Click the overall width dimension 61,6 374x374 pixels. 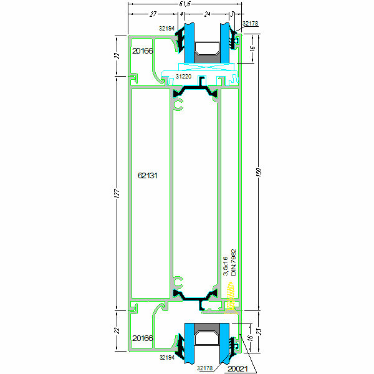[x=184, y=4]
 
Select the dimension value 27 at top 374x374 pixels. [x=152, y=14]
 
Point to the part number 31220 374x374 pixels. [x=183, y=76]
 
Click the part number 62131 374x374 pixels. [x=147, y=176]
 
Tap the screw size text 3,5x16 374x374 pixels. [x=226, y=266]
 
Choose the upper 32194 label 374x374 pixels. [x=166, y=28]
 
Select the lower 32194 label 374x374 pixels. [x=166, y=358]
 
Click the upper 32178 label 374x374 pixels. [x=250, y=23]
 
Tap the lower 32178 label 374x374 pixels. [x=206, y=368]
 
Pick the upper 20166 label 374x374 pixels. [x=142, y=51]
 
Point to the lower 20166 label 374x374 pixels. [x=142, y=338]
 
